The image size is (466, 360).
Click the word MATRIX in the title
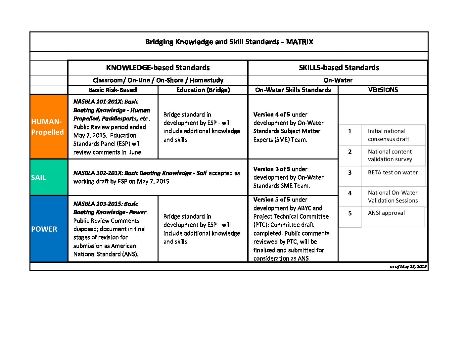tap(300, 42)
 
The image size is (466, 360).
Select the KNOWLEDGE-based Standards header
tap(158, 68)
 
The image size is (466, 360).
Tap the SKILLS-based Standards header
tap(339, 68)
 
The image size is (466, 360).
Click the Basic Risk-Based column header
tap(113, 90)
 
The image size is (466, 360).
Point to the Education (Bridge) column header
tap(203, 90)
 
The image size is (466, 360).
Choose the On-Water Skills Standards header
tap(293, 90)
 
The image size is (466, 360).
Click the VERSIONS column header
tap(383, 90)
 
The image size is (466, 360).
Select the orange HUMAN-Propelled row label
tap(48, 127)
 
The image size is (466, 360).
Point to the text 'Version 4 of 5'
tap(271, 114)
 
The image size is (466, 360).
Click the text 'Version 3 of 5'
tap(271, 169)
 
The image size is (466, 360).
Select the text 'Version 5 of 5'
tap(271, 200)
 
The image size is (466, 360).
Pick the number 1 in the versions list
tap(350, 131)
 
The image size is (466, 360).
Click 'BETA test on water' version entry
tap(393, 173)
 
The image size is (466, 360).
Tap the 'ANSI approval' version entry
tap(386, 213)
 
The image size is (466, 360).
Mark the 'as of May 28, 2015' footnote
tap(408, 267)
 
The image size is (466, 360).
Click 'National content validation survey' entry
tap(390, 156)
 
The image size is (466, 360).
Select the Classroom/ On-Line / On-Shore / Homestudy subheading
tap(158, 80)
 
